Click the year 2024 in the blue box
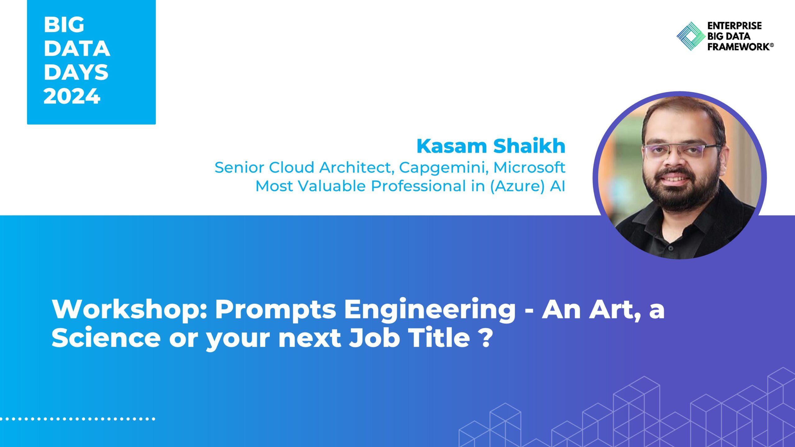[72, 96]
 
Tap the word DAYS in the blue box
[76, 72]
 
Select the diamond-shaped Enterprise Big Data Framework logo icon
[691, 36]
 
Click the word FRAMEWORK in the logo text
[740, 47]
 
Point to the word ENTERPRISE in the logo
[734, 25]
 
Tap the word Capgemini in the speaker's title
[443, 168]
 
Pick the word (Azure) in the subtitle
[517, 187]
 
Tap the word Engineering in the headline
[430, 310]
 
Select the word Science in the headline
[106, 338]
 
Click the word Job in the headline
[374, 338]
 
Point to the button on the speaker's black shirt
[671, 248]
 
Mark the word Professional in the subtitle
[418, 186]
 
